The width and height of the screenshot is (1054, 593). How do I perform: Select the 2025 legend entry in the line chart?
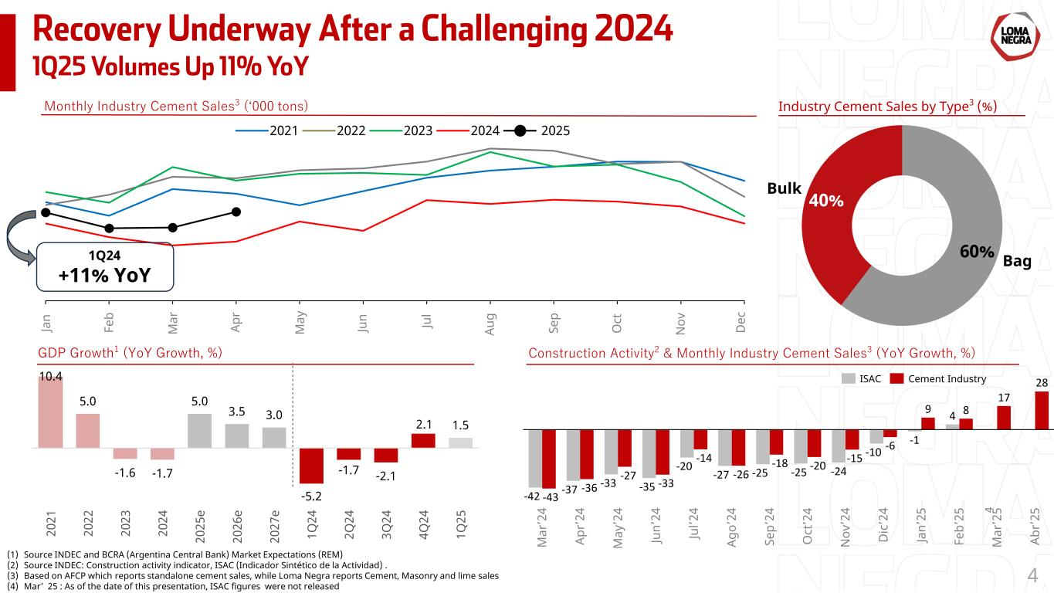coord(540,130)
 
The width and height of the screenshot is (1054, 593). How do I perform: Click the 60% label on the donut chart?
coord(976,252)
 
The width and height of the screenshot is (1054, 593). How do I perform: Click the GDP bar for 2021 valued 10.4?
coord(50,412)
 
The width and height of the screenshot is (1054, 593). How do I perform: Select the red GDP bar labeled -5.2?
coord(312,466)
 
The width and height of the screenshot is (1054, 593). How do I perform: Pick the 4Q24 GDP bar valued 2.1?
coord(423,440)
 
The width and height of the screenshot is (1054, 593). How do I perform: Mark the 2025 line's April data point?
coord(236,212)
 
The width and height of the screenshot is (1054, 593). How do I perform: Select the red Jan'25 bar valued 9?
coord(927,423)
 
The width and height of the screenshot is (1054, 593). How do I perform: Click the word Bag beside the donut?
coord(1017,263)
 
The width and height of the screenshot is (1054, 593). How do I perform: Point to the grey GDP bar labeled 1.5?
coord(460,442)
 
